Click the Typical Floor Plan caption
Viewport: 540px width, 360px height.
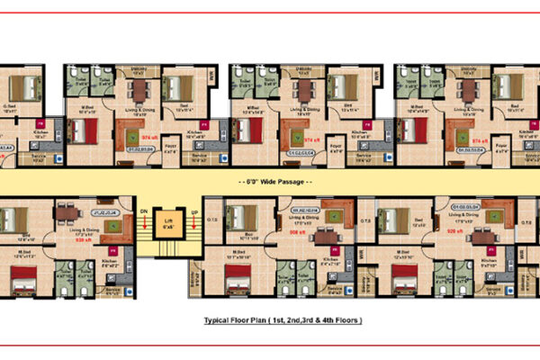(x=269, y=320)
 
